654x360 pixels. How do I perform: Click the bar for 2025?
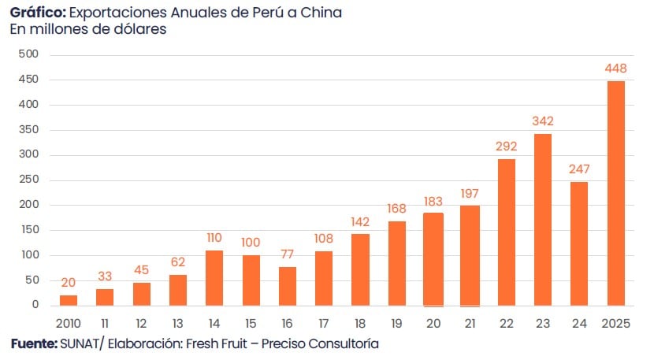[x=615, y=193]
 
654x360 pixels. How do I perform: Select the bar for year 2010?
[x=69, y=300]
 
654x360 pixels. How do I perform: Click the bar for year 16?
[x=288, y=286]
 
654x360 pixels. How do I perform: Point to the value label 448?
[x=615, y=69]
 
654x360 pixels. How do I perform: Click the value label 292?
[x=506, y=146]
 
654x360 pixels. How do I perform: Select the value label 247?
[x=579, y=169]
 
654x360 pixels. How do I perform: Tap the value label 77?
[x=288, y=254]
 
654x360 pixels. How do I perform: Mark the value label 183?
[x=433, y=201]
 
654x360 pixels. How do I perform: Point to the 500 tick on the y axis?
[x=28, y=54]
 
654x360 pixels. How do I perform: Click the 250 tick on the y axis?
[x=28, y=180]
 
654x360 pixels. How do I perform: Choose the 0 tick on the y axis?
[x=35, y=305]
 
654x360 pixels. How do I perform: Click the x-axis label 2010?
[x=69, y=324]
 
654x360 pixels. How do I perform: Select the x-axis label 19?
[x=396, y=324]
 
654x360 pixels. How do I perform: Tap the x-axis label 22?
[x=506, y=324]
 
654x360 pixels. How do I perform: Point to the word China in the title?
[x=323, y=13]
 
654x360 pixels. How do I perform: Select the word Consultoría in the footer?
[x=344, y=344]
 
